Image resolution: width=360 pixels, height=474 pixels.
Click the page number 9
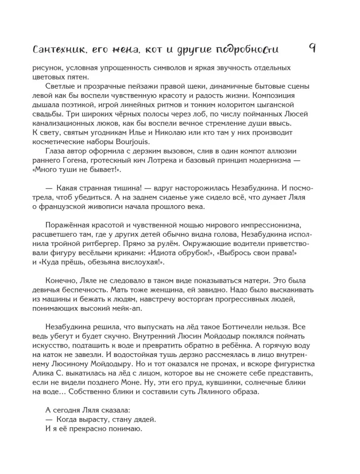[312, 48]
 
